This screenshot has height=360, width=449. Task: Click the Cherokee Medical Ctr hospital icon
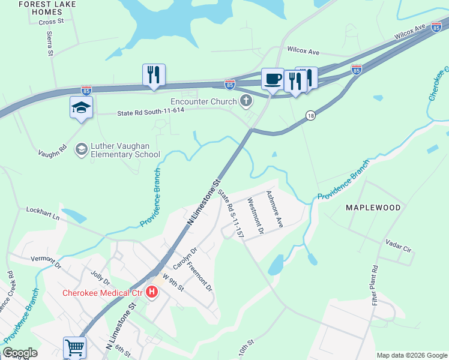[152, 293]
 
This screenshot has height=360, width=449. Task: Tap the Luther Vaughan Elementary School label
[125, 149]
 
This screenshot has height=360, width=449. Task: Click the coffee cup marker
[273, 79]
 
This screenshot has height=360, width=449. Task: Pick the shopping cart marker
[74, 347]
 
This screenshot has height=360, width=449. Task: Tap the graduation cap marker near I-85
[81, 107]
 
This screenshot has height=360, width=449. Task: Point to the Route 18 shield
[310, 116]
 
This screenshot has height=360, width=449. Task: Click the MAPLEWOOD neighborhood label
[373, 208]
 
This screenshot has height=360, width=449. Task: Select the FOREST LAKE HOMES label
[41, 8]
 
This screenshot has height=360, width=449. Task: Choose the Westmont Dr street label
[256, 217]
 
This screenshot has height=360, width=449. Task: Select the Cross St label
[51, 22]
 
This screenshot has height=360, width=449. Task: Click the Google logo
[20, 353]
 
